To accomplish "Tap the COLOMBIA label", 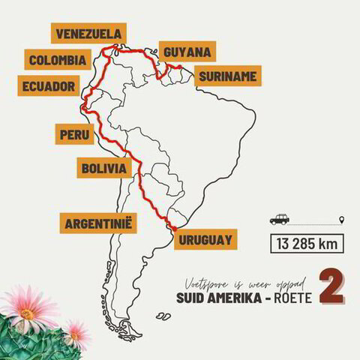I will pos(57,60).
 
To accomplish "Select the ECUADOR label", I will pos(49,86).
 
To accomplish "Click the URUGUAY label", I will pos(205,241).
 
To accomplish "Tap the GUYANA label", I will pos(187,52).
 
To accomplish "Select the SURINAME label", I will pos(226,76).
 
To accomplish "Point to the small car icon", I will pos(279,219).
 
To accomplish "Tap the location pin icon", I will pos(343,219).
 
